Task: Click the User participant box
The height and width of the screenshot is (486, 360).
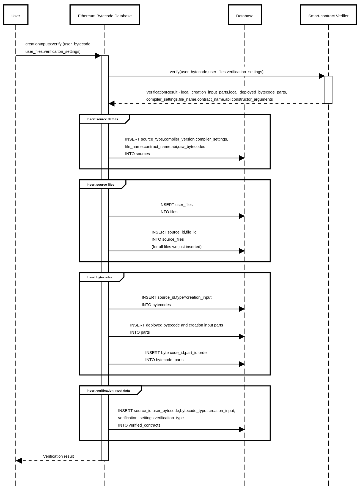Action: (x=16, y=15)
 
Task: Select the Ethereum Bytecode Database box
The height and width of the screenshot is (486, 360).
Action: (x=105, y=15)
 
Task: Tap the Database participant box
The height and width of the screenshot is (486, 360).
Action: (x=244, y=15)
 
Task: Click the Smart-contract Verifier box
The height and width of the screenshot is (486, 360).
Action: (x=328, y=15)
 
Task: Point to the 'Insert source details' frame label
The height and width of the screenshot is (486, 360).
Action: (x=102, y=119)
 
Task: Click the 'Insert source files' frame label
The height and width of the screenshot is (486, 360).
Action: (x=100, y=185)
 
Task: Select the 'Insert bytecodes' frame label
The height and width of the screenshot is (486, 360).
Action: (x=99, y=277)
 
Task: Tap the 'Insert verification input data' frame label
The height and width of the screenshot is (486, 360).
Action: (x=108, y=391)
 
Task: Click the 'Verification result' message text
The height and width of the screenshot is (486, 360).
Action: (x=58, y=456)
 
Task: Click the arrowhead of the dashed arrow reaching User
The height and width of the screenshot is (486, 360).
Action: (x=19, y=460)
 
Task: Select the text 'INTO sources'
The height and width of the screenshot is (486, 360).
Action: (x=138, y=154)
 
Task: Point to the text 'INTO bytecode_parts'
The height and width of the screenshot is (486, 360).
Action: (x=164, y=360)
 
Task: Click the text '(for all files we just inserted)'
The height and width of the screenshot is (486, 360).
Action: (x=177, y=247)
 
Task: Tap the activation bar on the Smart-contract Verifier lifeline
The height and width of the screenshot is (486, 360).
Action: (x=328, y=90)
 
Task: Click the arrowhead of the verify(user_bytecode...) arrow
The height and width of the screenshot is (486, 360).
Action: (x=321, y=76)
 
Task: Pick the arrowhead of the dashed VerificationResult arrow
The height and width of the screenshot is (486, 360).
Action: (x=112, y=104)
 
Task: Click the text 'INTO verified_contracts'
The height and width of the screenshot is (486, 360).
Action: (x=139, y=425)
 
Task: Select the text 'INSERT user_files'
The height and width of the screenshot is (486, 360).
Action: (x=176, y=205)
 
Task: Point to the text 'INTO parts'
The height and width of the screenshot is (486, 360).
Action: (x=140, y=332)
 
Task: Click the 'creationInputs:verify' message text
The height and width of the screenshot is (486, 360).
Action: (x=58, y=44)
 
